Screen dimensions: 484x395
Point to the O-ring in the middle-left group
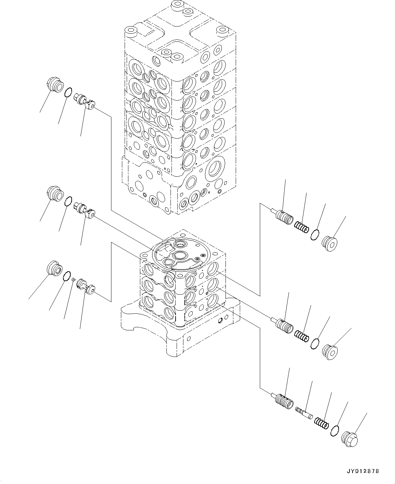pyautogui.click(x=68, y=201)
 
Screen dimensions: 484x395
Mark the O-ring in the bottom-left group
pyautogui.click(x=67, y=276)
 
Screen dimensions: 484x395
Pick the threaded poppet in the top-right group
pyautogui.click(x=284, y=217)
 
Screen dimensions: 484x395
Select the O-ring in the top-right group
pyautogui.click(x=315, y=235)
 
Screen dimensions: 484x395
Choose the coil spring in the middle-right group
pyautogui.click(x=301, y=336)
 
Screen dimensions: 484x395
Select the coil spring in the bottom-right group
pyautogui.click(x=321, y=422)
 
